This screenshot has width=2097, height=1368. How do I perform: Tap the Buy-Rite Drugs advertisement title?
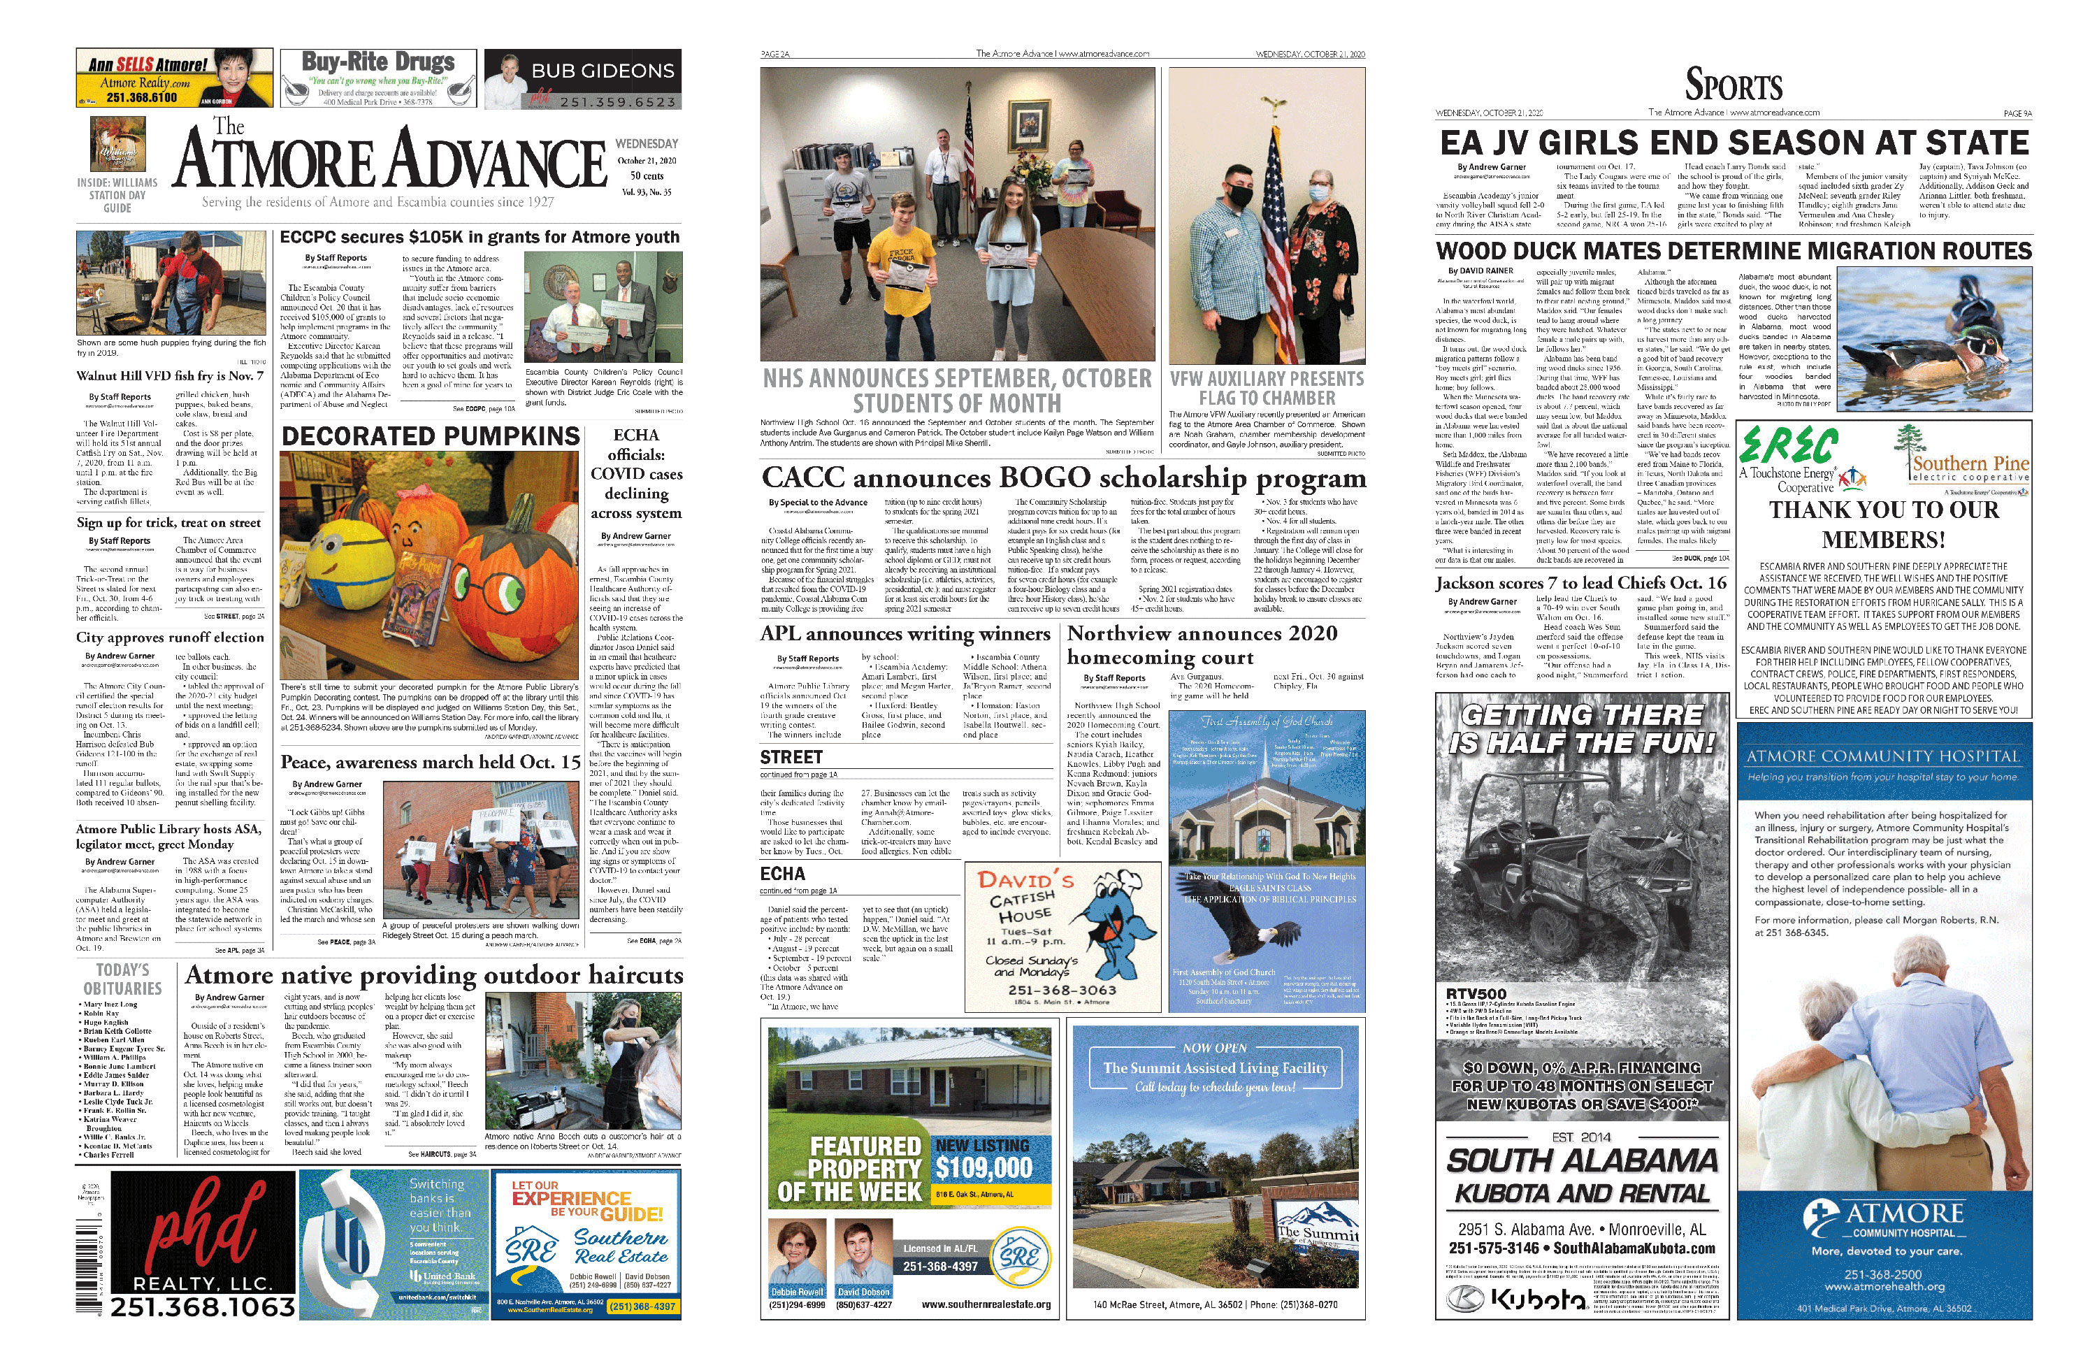pyautogui.click(x=378, y=62)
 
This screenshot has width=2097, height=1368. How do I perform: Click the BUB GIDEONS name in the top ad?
pyautogui.click(x=603, y=71)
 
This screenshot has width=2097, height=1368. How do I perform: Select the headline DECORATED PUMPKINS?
pyautogui.click(x=430, y=436)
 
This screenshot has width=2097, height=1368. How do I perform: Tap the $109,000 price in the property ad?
pyautogui.click(x=983, y=1168)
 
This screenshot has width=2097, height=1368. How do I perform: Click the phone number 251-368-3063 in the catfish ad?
pyautogui.click(x=1062, y=990)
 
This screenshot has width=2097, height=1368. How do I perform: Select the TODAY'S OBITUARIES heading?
pyautogui.click(x=122, y=979)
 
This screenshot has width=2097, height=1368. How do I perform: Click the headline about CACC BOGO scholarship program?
pyautogui.click(x=1062, y=477)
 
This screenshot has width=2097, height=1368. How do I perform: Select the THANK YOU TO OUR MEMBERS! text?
pyautogui.click(x=1884, y=524)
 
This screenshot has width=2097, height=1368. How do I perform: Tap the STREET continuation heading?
pyautogui.click(x=791, y=758)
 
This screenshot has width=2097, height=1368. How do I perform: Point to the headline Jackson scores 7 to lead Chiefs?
pyautogui.click(x=1580, y=582)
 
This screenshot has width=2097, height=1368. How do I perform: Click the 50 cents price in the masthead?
pyautogui.click(x=646, y=176)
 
